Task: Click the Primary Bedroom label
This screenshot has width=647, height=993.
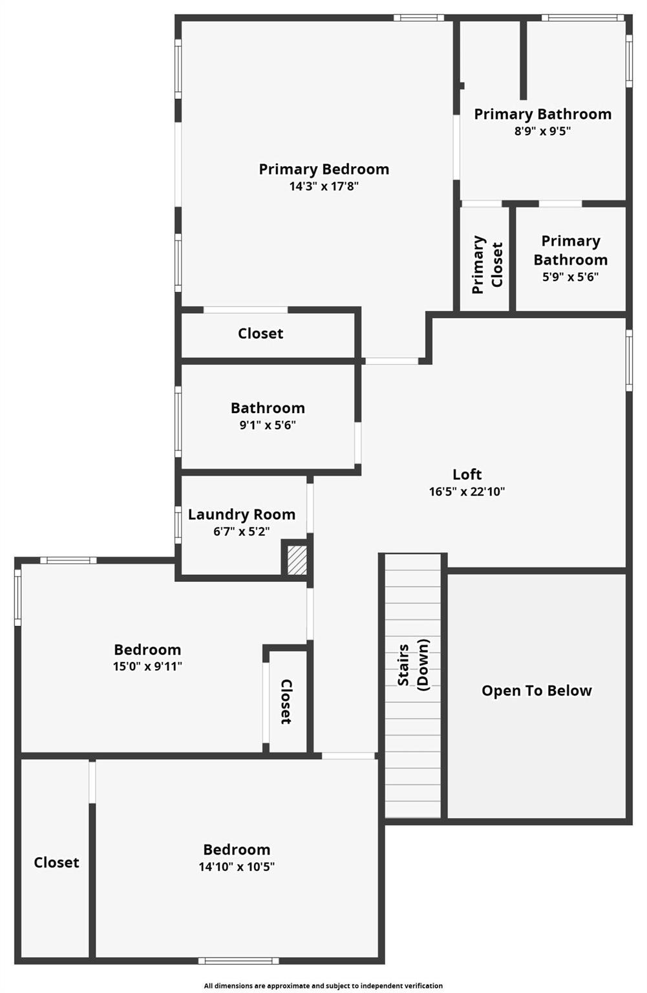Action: (324, 169)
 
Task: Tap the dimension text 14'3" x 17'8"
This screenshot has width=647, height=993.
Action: (324, 187)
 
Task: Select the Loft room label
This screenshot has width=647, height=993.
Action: (467, 475)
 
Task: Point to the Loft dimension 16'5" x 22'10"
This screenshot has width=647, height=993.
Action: (467, 491)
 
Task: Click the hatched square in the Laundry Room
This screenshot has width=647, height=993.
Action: (297, 560)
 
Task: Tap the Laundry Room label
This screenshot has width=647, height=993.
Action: (242, 515)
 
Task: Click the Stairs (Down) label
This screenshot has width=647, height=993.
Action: (413, 666)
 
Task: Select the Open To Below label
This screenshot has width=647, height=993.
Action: (536, 691)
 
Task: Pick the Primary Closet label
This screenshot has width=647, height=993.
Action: (487, 264)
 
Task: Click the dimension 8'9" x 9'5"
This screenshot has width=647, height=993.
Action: (542, 131)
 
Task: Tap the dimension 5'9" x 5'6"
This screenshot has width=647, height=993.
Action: (570, 277)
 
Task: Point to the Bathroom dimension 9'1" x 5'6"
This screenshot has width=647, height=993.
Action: (268, 425)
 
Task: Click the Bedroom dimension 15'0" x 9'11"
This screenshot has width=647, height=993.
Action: (147, 667)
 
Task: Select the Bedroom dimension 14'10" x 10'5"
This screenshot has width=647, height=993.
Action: (237, 867)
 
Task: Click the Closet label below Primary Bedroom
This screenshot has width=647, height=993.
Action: (260, 334)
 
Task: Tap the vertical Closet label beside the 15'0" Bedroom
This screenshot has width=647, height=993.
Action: (286, 701)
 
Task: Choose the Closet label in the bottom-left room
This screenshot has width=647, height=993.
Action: (56, 862)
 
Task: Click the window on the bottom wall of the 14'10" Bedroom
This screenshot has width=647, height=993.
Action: (239, 961)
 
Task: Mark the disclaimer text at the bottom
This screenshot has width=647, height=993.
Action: (323, 986)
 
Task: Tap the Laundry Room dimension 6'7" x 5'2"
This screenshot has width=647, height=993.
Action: (242, 531)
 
